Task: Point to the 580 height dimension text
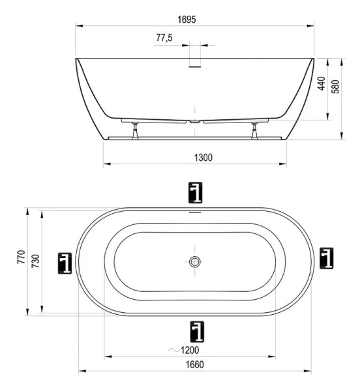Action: (336, 88)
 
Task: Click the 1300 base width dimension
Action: (196, 157)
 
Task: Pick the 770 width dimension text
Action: (22, 259)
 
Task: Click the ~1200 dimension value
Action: (190, 350)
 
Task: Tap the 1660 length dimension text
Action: (194, 365)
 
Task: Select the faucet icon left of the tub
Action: (64, 262)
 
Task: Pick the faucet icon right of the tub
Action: (327, 259)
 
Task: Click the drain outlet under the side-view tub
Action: (195, 121)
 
